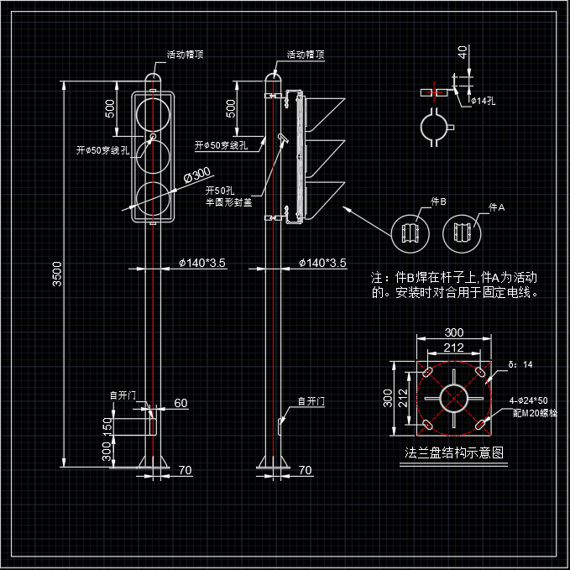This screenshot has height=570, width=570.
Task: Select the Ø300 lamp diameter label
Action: point(196,175)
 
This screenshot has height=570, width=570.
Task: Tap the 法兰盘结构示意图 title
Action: point(454,452)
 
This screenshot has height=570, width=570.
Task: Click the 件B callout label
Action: point(437,202)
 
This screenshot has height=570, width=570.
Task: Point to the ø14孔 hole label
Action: point(483,101)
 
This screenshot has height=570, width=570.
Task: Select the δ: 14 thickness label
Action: point(520,364)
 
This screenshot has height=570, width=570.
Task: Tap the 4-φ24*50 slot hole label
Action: point(530,400)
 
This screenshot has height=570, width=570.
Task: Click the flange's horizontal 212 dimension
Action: point(453,348)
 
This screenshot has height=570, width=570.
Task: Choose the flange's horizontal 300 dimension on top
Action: point(453,333)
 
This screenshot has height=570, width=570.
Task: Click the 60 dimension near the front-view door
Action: point(180,403)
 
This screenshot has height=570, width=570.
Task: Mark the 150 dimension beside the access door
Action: point(107,426)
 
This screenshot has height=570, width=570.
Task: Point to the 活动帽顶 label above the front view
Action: point(185,55)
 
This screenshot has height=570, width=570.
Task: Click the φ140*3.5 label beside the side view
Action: point(322,263)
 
